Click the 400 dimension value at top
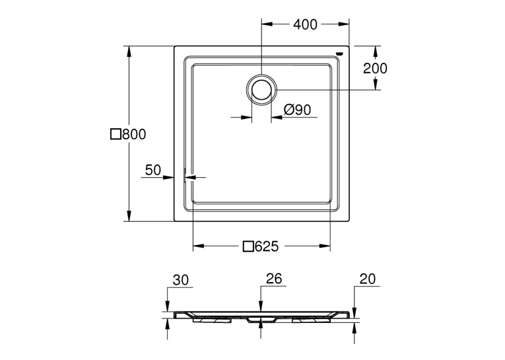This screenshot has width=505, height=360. point(305,24)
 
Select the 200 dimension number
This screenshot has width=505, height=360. point(375,68)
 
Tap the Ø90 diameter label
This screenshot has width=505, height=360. point(297,110)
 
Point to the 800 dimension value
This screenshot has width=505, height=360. point(134,134)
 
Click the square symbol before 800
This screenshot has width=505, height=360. point(116,134)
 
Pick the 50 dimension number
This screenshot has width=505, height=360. point(152,170)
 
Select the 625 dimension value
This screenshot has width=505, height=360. point(266,246)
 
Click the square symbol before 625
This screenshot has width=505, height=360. point(248,246)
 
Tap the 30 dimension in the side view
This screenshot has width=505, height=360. point(181,280)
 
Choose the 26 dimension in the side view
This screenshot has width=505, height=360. point(274,279)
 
